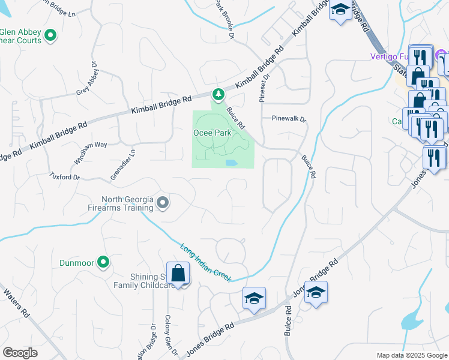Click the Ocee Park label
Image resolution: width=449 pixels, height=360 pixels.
coord(212,132)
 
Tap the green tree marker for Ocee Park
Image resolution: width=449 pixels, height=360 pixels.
coord(218,94)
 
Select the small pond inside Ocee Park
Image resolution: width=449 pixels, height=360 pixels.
coord(231,163)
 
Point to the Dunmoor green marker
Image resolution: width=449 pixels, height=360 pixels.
coord(103,262)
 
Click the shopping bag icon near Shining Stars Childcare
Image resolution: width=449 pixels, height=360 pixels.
coord(179,274)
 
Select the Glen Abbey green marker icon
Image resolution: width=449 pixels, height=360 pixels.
coord(50,36)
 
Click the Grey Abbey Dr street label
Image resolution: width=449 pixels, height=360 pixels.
coord(85,80)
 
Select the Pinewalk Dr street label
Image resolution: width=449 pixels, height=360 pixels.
coord(289,119)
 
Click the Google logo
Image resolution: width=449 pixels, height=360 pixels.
coord(20,353)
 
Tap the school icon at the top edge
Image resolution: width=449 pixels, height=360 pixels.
coord(340,10)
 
